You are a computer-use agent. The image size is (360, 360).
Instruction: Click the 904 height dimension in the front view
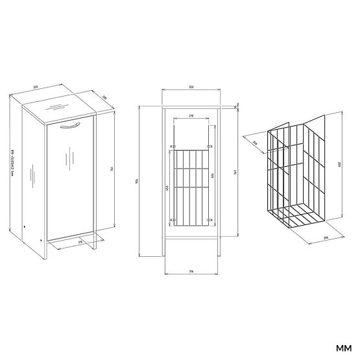pos(137,181)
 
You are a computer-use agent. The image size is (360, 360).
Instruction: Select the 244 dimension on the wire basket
pos(254,144)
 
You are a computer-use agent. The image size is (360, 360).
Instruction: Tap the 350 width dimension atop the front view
pos(191,86)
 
